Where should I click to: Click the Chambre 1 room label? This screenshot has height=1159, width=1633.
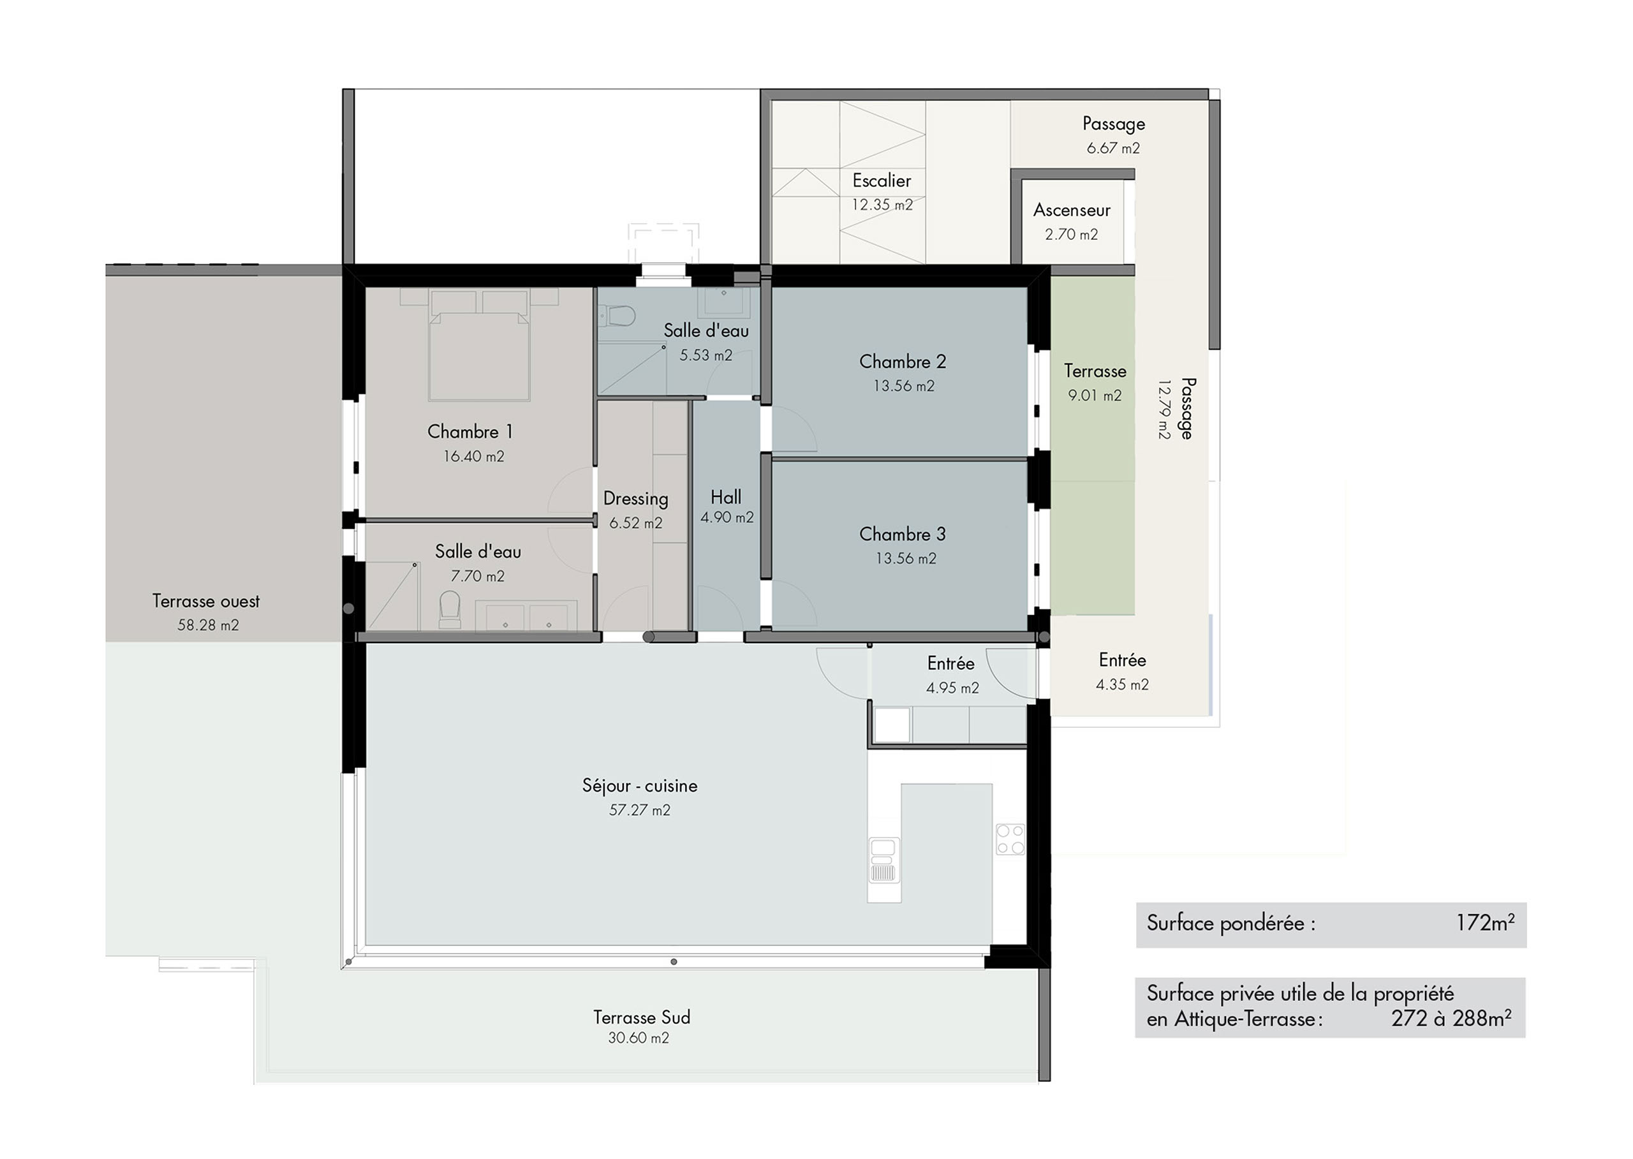pos(469,432)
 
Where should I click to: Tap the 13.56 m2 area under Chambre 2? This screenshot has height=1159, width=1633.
pos(904,386)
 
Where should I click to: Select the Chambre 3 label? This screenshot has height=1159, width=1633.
pos(902,534)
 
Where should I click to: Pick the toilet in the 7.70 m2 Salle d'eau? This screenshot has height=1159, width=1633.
pos(450,609)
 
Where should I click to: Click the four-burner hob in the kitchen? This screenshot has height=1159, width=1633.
pos(1010,839)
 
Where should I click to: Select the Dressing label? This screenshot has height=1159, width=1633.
pos(635,499)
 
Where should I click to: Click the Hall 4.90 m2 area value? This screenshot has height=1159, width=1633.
pos(727,517)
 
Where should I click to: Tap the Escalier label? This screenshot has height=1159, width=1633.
pos(882,181)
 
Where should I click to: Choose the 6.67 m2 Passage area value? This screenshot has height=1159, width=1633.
pos(1112,149)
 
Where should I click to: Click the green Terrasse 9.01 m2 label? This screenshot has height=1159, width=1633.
pos(1095,371)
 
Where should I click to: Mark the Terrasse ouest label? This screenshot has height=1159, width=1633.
pos(205,601)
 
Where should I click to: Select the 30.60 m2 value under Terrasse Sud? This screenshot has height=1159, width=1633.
pos(638,1038)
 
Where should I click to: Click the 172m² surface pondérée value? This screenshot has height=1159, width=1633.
pos(1484,923)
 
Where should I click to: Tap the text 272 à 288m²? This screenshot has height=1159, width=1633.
pos(1451,1019)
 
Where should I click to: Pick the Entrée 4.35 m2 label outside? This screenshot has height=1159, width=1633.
pos(1122,660)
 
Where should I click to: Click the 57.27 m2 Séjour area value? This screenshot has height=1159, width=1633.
pos(640,810)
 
